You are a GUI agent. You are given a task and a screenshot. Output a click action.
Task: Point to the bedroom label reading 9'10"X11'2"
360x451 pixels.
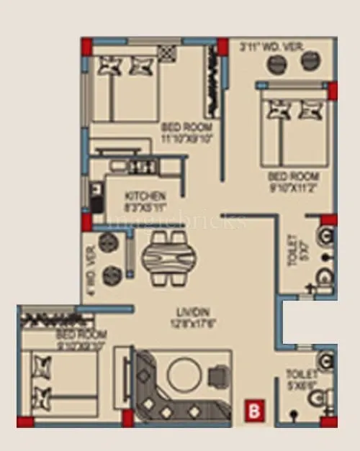click(x=293, y=182)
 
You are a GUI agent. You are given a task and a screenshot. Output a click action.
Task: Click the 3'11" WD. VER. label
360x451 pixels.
click(x=271, y=47)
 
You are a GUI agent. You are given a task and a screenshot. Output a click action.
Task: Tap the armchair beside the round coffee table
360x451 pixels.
click(x=217, y=375)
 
